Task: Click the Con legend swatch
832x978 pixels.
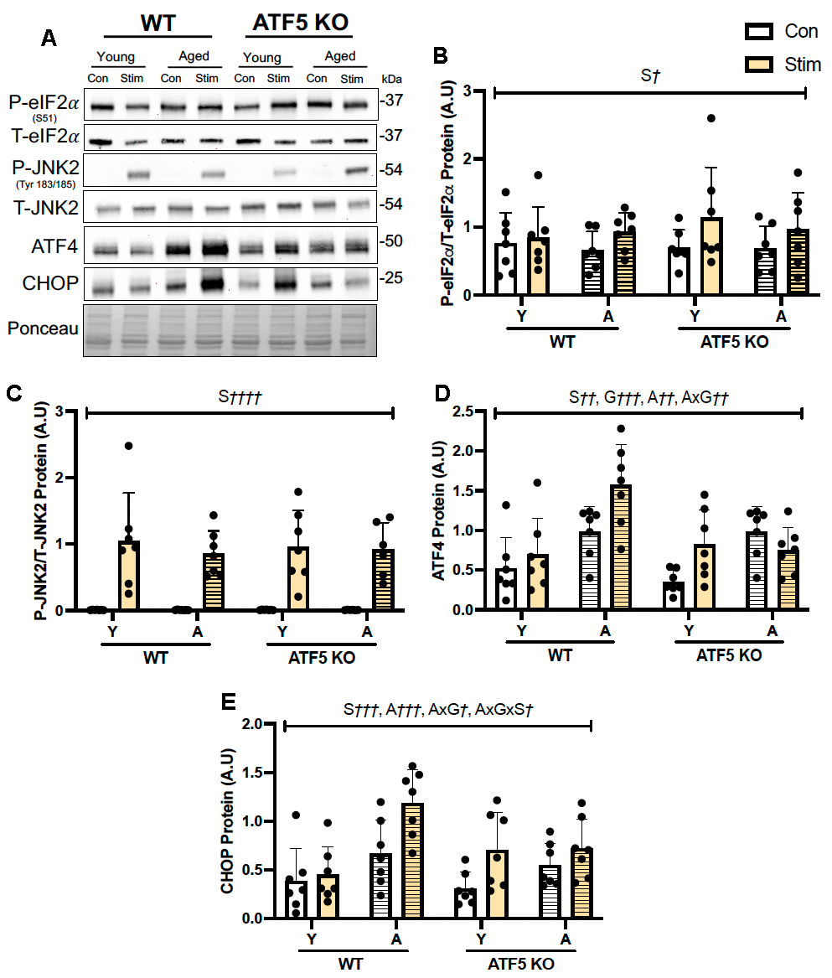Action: tap(759, 32)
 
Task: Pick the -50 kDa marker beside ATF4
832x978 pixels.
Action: tap(392, 241)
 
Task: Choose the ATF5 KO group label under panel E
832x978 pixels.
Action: tap(520, 965)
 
